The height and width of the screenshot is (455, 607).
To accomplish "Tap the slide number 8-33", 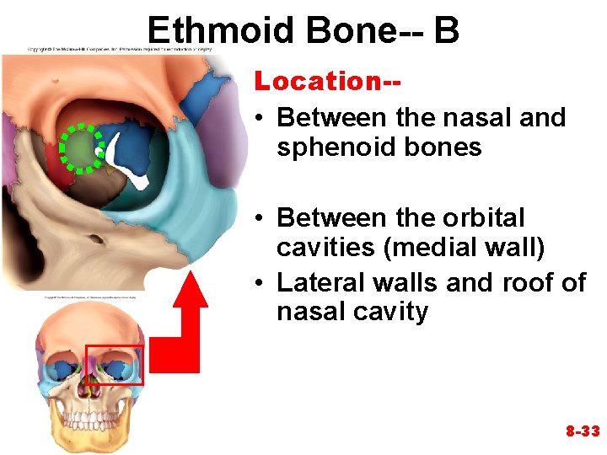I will pos(582,431).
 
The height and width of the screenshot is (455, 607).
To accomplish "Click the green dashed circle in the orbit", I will pos(80,148).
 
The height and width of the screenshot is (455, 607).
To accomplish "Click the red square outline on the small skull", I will pos(115,364).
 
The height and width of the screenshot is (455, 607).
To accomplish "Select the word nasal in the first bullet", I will pos(479,117).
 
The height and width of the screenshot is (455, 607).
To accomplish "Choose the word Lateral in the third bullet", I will pos(321,282).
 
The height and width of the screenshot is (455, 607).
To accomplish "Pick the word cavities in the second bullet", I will pos(323,249).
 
